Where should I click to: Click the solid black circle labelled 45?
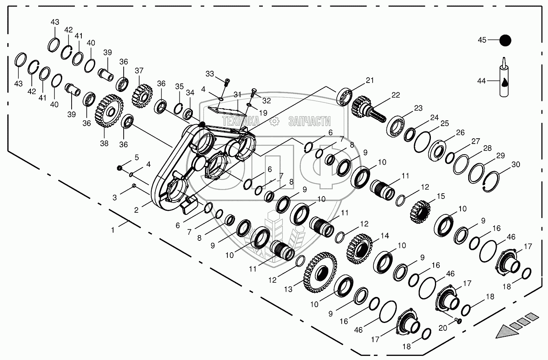pyautogui.click(x=505, y=40)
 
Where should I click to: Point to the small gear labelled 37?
pyautogui.click(x=142, y=96)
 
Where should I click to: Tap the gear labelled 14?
pyautogui.click(x=359, y=249)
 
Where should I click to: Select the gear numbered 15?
pyautogui.click(x=420, y=212)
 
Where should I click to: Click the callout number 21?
pyautogui.click(x=370, y=80)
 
